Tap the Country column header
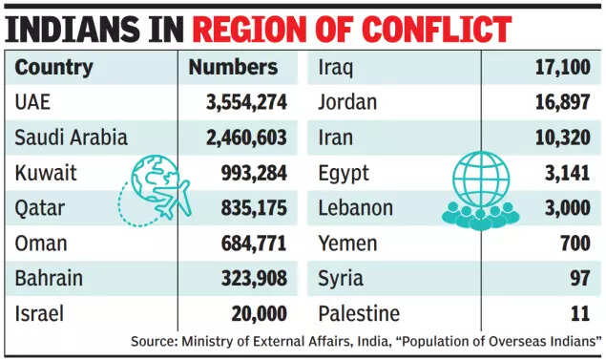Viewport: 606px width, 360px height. coord(54,68)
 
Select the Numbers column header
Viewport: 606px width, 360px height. coord(233,68)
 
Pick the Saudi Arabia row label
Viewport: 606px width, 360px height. coord(71,138)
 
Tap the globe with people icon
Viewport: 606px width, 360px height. coord(480,189)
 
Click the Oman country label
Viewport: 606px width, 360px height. coord(41,244)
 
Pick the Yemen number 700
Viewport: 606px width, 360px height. coord(575,244)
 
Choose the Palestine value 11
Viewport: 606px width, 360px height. coord(581,314)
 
